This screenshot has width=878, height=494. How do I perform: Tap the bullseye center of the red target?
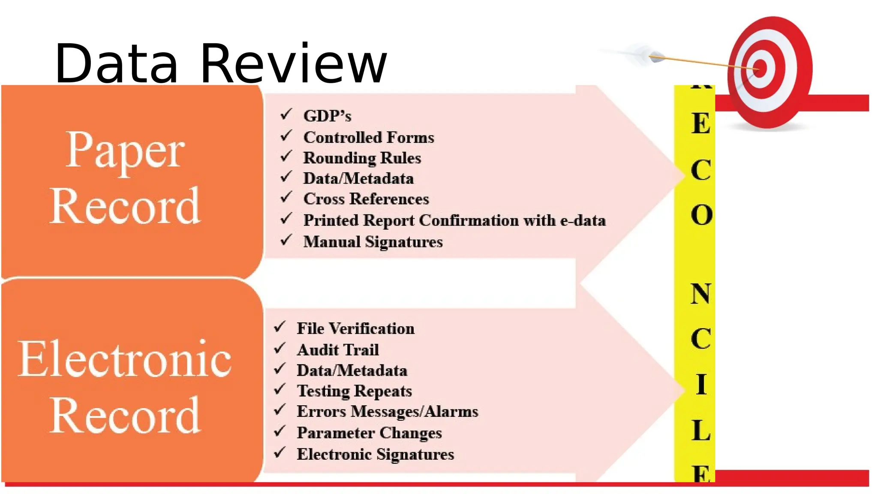(x=760, y=68)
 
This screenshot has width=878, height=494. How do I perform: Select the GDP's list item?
(x=327, y=116)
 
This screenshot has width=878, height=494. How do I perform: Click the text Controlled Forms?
(x=369, y=137)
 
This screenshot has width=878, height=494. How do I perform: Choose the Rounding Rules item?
(x=362, y=158)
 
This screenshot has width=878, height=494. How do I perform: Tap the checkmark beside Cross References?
(x=286, y=198)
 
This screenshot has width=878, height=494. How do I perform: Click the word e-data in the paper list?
(x=583, y=220)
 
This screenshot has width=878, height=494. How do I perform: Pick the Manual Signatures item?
(x=373, y=242)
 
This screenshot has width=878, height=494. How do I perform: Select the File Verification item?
(x=355, y=328)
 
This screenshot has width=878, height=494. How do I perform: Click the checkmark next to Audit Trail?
(x=280, y=348)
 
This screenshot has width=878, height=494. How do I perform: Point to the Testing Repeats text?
(x=354, y=391)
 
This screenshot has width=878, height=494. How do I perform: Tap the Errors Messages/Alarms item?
(x=387, y=412)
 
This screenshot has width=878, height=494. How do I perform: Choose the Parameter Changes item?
(x=369, y=433)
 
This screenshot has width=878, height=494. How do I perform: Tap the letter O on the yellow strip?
(x=701, y=214)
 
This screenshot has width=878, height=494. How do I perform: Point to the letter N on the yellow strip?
(x=701, y=294)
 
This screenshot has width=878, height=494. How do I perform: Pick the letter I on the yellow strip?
(x=701, y=384)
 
